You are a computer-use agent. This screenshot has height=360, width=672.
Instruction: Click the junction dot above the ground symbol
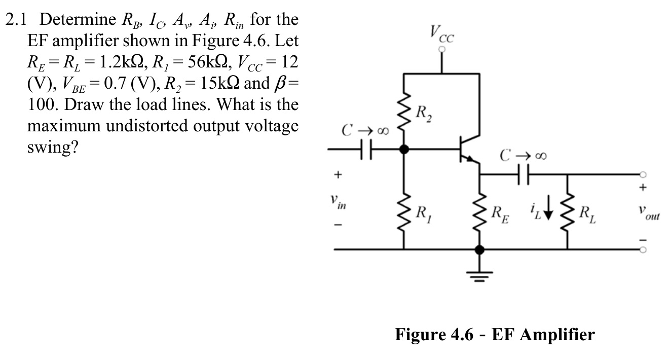click(x=479, y=249)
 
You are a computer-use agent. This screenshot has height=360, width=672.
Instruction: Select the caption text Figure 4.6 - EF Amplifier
click(x=495, y=335)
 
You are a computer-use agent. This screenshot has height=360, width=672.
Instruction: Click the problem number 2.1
click(x=18, y=20)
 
